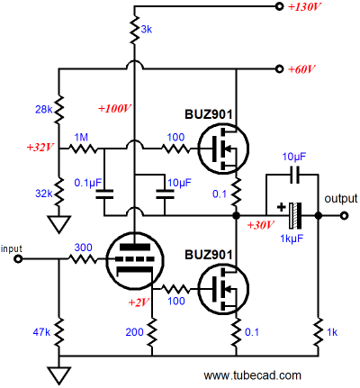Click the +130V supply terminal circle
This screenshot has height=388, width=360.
click(x=279, y=6)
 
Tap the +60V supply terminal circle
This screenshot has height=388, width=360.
click(x=279, y=69)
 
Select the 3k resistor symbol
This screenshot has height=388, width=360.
click(x=134, y=30)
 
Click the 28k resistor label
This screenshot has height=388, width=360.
click(x=44, y=110)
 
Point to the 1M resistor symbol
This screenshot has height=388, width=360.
click(x=84, y=149)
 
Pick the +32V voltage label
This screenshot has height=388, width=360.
click(x=40, y=148)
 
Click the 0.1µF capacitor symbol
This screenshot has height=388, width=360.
click(x=104, y=194)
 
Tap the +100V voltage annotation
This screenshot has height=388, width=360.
click(x=115, y=108)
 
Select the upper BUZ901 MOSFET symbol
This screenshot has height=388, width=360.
click(x=223, y=149)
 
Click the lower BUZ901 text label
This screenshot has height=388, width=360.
click(x=209, y=255)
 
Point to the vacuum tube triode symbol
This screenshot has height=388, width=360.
click(x=135, y=260)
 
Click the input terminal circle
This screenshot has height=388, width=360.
click(x=18, y=259)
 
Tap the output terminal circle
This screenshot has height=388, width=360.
click(x=345, y=215)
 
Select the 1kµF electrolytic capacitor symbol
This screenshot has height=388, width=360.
click(x=295, y=215)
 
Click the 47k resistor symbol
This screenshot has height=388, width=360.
click(x=59, y=332)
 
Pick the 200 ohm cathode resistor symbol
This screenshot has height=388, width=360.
click(x=152, y=332)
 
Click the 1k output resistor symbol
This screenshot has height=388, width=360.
click(x=319, y=332)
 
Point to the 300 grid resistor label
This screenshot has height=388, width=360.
click(x=83, y=248)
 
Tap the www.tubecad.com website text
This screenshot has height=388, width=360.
click(x=253, y=375)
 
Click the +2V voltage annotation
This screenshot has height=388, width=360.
click(x=139, y=302)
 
